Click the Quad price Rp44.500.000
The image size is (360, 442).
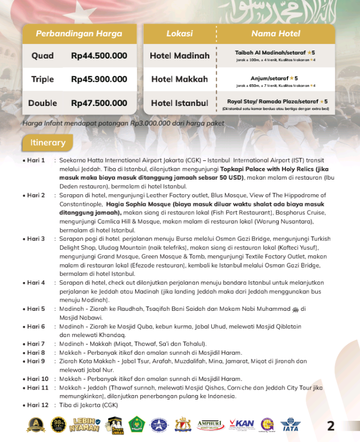click(99, 56)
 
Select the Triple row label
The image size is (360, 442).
click(42, 79)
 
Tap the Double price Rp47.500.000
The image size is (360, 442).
click(99, 103)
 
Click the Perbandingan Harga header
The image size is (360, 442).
click(79, 34)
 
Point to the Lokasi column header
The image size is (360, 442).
click(179, 34)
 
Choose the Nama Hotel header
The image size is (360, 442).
click(275, 34)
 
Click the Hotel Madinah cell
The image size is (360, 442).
click(179, 56)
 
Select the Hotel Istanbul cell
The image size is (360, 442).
click(179, 103)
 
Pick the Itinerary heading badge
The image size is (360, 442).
click(48, 143)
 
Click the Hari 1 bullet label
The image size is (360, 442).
click(36, 160)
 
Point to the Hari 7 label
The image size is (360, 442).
click(36, 344)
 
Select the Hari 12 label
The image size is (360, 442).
click(37, 405)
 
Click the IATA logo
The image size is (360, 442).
click(290, 425)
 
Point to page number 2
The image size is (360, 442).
click(331, 426)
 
